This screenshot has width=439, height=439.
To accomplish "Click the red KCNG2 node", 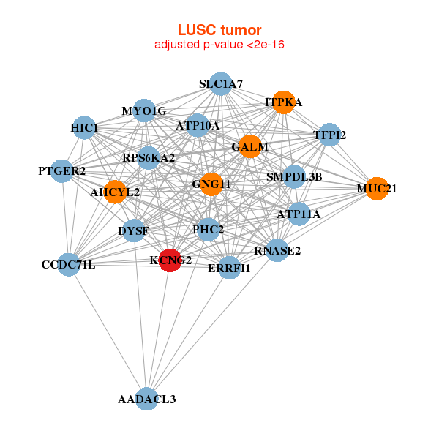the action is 170,260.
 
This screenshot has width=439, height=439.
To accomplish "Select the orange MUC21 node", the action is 376,188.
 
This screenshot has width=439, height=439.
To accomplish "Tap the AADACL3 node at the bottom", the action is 147,399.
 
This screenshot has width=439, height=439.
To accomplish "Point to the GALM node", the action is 249,146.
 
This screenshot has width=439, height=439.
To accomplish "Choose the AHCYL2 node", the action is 115,192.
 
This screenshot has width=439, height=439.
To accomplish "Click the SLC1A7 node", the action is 220,84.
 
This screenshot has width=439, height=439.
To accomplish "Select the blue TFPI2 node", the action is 329,135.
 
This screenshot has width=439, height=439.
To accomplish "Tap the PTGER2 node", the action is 62,171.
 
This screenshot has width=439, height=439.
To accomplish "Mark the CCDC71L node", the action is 68,264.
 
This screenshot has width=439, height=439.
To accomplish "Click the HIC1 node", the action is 84,128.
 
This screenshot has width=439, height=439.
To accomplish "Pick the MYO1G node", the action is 144,110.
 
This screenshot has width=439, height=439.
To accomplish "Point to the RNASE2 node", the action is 277,250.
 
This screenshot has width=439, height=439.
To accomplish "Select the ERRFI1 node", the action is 229,268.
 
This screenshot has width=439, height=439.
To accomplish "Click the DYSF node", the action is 133,231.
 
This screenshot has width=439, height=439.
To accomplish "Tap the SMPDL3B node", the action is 293,176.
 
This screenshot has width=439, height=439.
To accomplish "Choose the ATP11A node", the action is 299,214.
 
